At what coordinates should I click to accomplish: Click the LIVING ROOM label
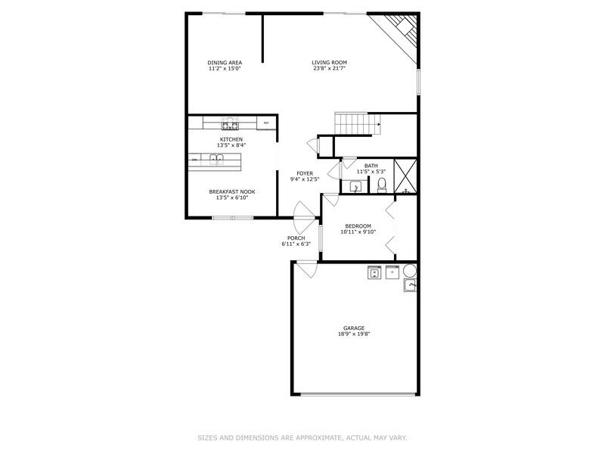(329, 62)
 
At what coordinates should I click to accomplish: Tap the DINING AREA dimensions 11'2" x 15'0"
(225, 68)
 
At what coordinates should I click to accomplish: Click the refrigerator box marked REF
(266, 123)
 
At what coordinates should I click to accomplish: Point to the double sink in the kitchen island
(216, 158)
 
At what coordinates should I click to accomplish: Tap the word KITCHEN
(231, 139)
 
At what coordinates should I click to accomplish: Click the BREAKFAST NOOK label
(232, 191)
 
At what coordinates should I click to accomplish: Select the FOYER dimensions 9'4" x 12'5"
(305, 179)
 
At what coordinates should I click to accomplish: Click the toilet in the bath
(382, 185)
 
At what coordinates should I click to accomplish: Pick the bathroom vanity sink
(355, 187)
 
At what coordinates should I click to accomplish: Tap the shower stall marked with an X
(405, 176)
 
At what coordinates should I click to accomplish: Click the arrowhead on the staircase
(380, 124)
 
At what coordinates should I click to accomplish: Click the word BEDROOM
(358, 225)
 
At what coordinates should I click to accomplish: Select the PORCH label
(296, 238)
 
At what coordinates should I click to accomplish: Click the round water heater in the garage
(410, 271)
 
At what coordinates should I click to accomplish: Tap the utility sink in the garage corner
(410, 285)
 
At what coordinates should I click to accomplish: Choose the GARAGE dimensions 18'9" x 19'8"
(354, 334)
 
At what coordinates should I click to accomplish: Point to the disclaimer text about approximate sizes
(302, 438)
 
